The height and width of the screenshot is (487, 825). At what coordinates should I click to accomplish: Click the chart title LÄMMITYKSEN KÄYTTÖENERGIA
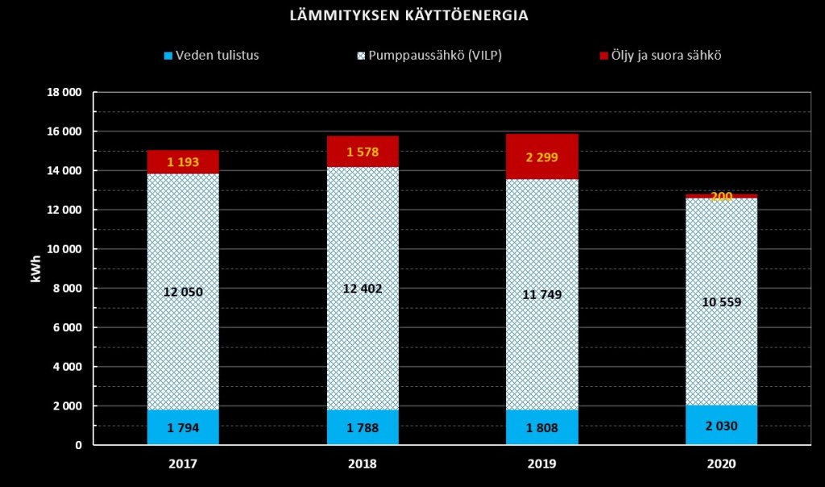coord(409,15)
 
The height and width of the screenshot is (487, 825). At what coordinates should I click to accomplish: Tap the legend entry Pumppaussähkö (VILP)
coord(435,56)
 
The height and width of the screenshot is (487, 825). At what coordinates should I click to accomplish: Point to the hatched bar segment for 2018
coord(363,242)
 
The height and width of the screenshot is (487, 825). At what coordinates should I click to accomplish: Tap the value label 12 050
coord(183,292)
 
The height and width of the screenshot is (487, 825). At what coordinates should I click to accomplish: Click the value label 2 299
coord(541,157)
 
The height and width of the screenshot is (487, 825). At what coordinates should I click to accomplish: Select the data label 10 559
coord(721,302)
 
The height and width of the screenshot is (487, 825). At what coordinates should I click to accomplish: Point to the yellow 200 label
coord(721,197)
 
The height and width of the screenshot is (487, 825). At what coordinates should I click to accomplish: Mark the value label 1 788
coord(363,427)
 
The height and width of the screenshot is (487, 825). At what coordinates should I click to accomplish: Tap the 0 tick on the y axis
coord(78,445)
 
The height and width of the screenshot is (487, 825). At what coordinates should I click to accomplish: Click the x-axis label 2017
coord(183,464)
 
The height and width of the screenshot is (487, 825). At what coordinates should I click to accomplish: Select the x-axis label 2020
coord(721,464)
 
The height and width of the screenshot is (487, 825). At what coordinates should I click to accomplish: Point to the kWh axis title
coord(35,268)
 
